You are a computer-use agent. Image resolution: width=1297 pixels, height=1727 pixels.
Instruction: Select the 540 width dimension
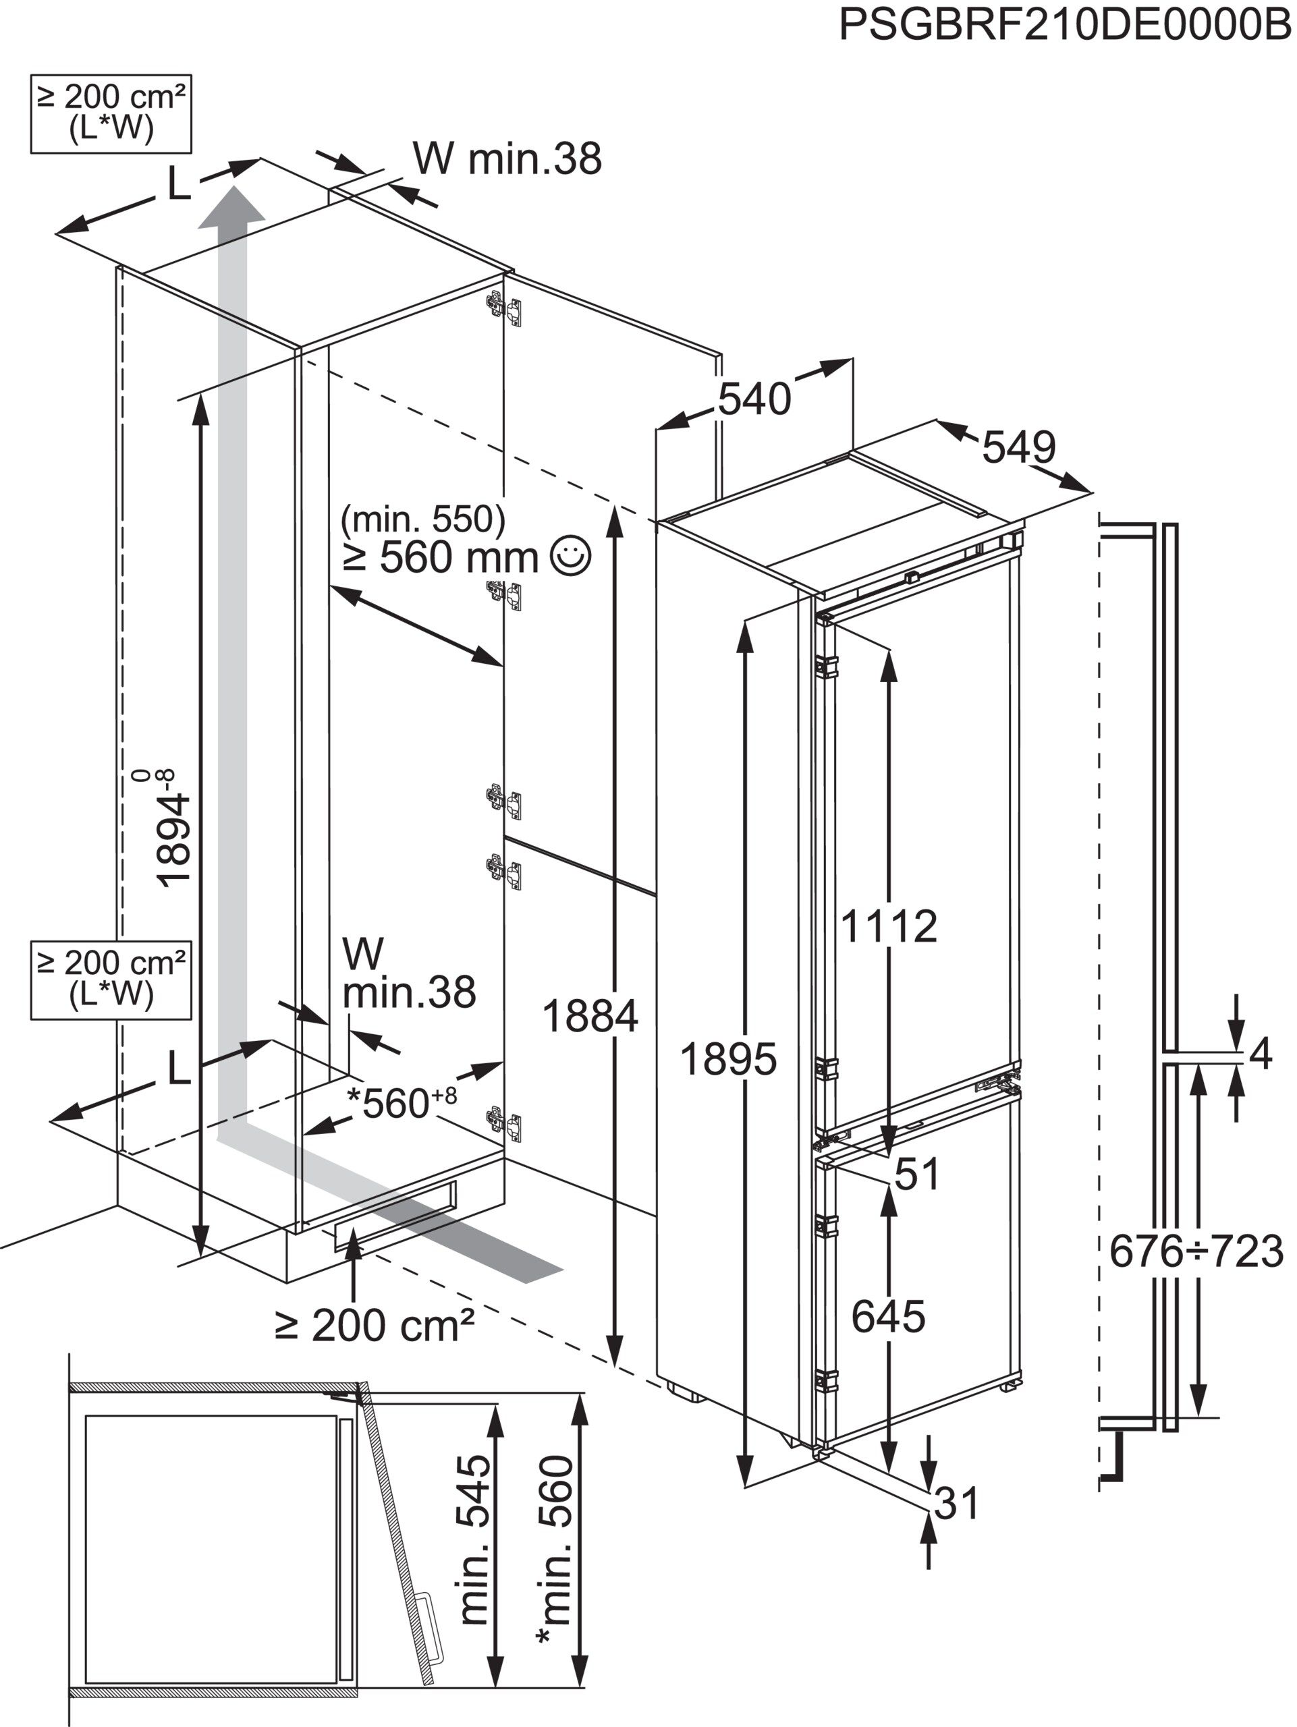pos(754,399)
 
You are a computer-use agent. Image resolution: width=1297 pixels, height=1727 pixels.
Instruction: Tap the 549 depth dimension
pos(1018,447)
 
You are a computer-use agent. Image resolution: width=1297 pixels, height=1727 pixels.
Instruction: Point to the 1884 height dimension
pos(590,1017)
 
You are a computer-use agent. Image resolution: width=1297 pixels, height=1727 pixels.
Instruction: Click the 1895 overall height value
pos(727,1059)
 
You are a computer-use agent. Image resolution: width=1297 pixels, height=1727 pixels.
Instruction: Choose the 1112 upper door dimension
pos(889,926)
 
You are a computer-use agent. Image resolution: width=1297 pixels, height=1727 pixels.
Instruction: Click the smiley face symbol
pos(571,555)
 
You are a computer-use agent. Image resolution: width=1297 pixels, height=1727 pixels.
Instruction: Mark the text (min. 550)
pos(423,517)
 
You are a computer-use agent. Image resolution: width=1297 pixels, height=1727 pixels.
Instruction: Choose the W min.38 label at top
pos(507,159)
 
